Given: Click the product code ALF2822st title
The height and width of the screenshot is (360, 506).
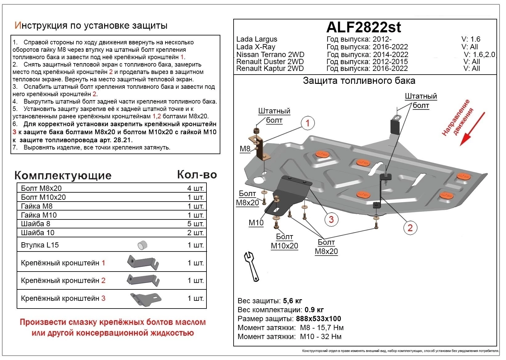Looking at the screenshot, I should pyautogui.click(x=364, y=27).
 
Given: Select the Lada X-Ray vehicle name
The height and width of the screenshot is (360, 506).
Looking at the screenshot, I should pyautogui.click(x=255, y=47).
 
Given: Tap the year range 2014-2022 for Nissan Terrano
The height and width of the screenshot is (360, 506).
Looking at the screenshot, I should pyautogui.click(x=390, y=55).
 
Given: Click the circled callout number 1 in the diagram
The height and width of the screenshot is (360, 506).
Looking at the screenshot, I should pyautogui.click(x=307, y=123).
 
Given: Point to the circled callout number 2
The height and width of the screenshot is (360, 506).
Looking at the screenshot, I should pyautogui.click(x=410, y=228).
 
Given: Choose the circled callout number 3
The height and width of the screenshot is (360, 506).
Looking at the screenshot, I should pyautogui.click(x=331, y=219).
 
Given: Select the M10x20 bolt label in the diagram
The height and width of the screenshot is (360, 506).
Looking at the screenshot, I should pyautogui.click(x=284, y=246).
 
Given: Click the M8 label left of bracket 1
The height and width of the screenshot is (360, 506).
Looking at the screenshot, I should pyautogui.click(x=245, y=149).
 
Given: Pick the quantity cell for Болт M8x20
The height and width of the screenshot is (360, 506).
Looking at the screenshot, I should pyautogui.click(x=195, y=188).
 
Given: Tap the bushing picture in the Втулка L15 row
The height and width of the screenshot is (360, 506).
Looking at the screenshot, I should pyautogui.click(x=142, y=245).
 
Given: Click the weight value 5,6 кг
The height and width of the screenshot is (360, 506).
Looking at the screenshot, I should pyautogui.click(x=292, y=301).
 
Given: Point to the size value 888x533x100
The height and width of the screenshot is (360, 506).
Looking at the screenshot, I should pyautogui.click(x=318, y=319).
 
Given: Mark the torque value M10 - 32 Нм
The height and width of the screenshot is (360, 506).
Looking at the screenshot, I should pyautogui.click(x=320, y=337).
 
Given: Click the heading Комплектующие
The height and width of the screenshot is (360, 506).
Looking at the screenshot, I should pyautogui.click(x=63, y=175).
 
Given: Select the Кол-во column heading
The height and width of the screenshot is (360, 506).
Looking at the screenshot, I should pyautogui.click(x=197, y=175).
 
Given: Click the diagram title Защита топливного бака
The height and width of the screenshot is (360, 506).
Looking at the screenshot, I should pyautogui.click(x=359, y=81).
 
